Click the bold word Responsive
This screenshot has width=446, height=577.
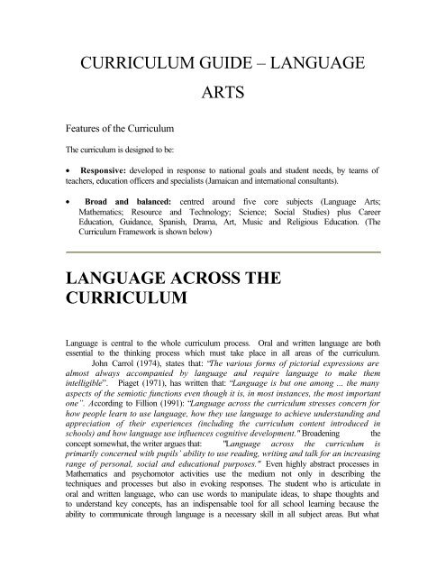98,192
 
